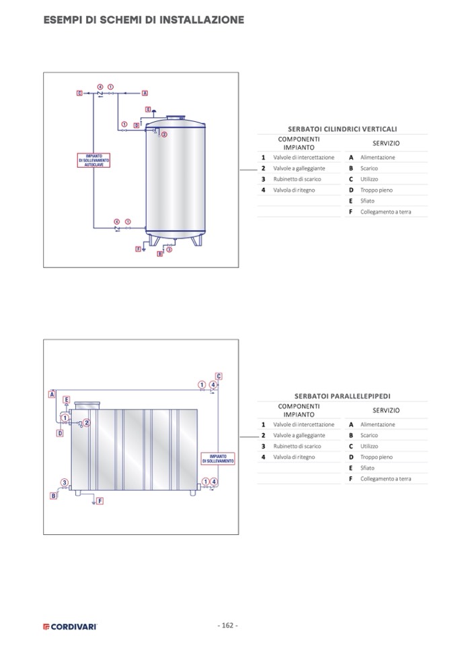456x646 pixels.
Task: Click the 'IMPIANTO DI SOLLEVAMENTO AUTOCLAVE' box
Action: click(93, 160)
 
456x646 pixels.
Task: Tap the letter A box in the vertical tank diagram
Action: click(145, 93)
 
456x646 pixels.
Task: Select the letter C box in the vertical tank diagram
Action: click(79, 93)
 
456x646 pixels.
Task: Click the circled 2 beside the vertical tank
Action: click(163, 134)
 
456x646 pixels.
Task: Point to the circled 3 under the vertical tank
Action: click(169, 250)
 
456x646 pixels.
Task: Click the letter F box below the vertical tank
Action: click(139, 249)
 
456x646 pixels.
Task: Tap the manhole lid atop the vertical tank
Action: click(176, 117)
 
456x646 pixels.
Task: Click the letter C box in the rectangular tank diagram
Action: click(219, 376)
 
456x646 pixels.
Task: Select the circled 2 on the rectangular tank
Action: click(86, 422)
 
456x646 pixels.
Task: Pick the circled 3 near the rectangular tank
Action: click(65, 482)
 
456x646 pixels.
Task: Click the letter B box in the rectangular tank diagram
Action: click(54, 496)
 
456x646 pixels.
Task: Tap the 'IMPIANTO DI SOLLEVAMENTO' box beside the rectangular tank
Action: click(218, 459)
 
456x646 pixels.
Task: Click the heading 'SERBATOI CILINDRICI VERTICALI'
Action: click(342, 129)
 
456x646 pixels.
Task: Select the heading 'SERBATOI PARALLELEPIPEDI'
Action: click(342, 396)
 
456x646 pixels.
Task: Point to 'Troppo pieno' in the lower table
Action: click(376, 457)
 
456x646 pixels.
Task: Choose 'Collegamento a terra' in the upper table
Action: click(385, 212)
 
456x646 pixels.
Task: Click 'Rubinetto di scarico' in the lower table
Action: click(297, 446)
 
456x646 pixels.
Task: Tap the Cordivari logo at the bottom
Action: click(71, 626)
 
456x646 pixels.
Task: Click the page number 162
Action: click(227, 625)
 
